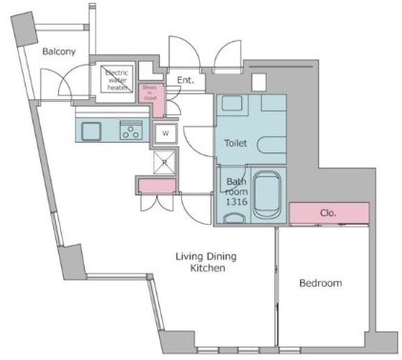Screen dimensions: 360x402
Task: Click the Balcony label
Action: point(58,51)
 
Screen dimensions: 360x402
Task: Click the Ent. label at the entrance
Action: point(185,81)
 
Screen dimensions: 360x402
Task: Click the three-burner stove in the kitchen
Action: point(131,130)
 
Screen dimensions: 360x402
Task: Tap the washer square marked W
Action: point(165,132)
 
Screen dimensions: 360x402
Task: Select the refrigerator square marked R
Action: point(165,161)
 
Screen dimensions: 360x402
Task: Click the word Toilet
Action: point(235,143)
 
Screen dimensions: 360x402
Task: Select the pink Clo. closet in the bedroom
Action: point(329,212)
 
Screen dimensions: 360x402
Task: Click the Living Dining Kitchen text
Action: point(205,263)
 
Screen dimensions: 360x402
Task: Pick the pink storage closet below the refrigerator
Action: point(157,186)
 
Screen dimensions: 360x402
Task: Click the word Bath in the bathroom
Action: point(234,180)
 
